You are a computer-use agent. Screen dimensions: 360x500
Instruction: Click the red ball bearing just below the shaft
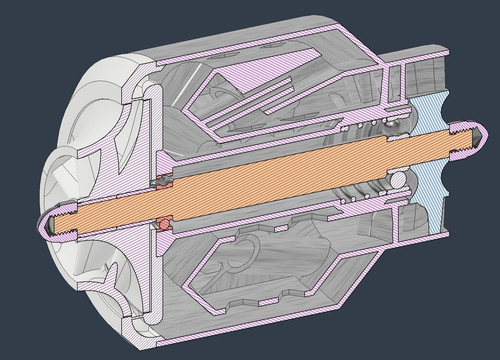[x=160, y=222]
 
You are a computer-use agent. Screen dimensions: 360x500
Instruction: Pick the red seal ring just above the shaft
[x=160, y=181]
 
